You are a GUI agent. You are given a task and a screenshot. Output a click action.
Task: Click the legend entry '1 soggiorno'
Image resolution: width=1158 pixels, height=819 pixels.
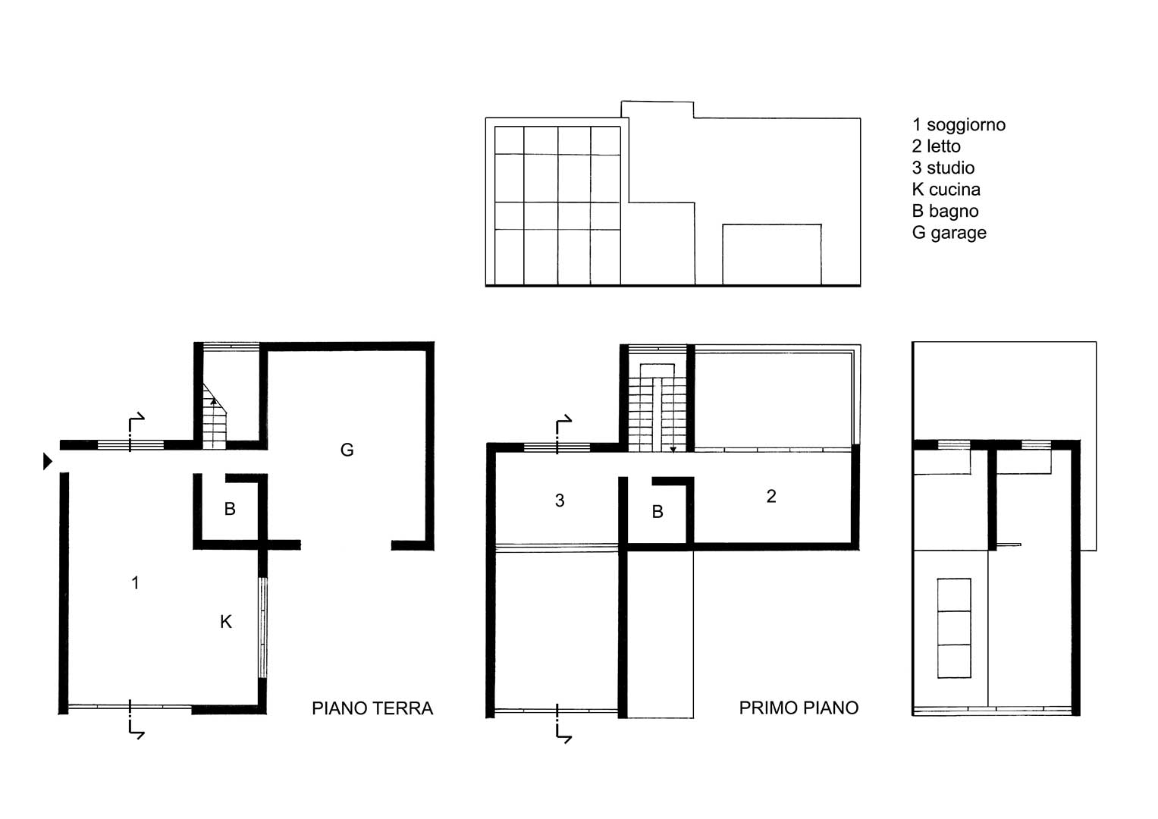959,124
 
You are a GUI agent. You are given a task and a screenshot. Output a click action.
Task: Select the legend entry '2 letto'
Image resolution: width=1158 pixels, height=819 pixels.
936,146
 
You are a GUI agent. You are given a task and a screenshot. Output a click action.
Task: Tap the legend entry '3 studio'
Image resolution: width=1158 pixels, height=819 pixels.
943,168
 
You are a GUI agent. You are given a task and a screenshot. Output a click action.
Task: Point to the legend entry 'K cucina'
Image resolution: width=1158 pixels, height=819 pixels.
946,190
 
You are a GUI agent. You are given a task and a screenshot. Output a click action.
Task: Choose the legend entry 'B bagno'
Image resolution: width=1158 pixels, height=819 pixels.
945,211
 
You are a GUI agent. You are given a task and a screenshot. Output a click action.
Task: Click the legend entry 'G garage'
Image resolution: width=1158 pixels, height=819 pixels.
949,233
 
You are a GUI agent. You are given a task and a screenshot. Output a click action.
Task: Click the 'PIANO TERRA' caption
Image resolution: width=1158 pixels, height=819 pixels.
372,708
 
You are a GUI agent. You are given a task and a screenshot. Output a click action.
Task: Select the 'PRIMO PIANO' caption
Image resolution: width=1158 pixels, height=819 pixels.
799,708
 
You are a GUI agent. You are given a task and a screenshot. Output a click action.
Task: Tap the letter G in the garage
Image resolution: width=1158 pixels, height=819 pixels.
347,450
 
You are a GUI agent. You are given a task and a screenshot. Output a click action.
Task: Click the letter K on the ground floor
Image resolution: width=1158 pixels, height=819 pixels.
226,622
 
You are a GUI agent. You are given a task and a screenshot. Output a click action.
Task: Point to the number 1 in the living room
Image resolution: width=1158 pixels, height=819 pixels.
136,582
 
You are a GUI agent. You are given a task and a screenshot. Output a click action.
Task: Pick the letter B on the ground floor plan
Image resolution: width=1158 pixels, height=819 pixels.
230,509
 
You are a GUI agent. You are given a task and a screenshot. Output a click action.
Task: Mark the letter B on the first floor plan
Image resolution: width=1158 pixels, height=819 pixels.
657,511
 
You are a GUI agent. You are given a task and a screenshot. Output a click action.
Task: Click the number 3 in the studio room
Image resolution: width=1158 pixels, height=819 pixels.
560,500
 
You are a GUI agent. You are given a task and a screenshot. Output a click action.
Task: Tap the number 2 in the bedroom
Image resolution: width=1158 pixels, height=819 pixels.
771,497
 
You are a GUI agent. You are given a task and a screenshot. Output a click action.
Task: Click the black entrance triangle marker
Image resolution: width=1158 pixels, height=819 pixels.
48,461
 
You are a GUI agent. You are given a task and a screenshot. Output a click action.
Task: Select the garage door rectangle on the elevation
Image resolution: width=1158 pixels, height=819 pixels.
772,254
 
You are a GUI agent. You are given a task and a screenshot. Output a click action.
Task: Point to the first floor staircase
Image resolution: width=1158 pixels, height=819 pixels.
657,408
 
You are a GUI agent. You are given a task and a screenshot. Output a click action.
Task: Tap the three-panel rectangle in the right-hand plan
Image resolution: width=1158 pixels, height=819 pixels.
954,628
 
